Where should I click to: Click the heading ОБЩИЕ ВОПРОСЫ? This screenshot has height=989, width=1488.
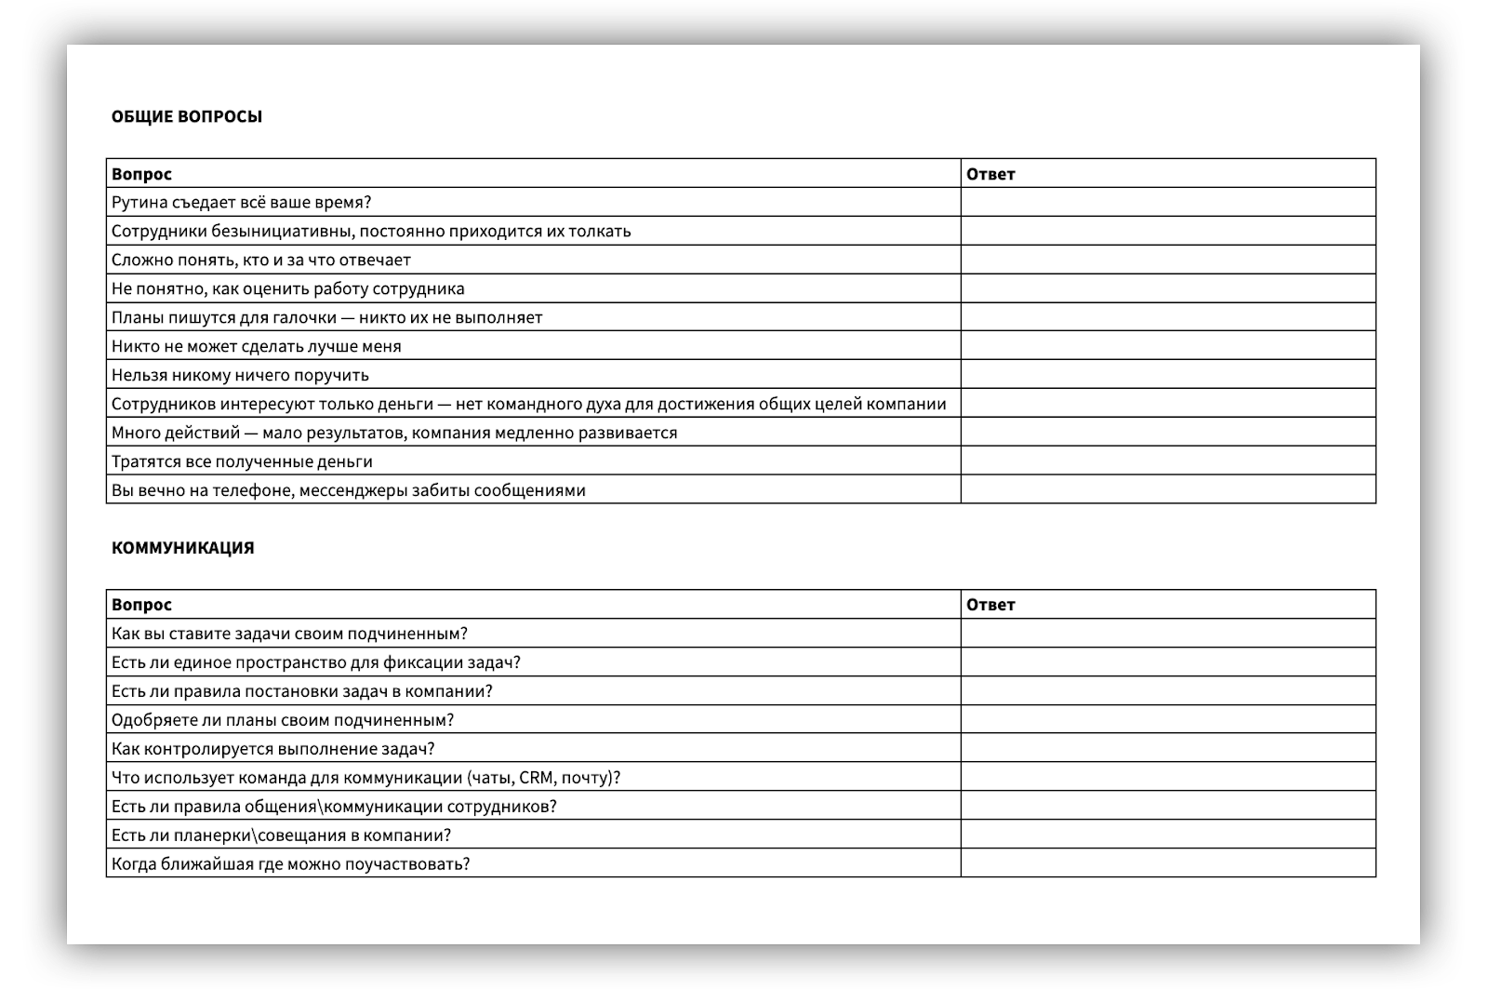pyautogui.click(x=186, y=117)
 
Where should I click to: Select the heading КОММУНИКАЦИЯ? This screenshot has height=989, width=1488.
pyautogui.click(x=182, y=548)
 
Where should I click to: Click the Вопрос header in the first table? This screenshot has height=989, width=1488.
pyautogui.click(x=141, y=174)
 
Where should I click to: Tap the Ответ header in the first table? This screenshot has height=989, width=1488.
pyautogui.click(x=990, y=174)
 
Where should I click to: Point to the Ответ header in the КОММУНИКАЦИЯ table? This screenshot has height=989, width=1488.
pyautogui.click(x=990, y=605)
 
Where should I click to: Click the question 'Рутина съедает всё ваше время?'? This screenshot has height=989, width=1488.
pyautogui.click(x=241, y=203)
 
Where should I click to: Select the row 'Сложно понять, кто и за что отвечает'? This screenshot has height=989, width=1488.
pyautogui.click(x=260, y=261)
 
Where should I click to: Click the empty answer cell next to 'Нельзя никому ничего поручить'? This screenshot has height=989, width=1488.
pyautogui.click(x=1167, y=375)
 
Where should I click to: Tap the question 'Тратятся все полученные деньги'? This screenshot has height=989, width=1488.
pyautogui.click(x=242, y=461)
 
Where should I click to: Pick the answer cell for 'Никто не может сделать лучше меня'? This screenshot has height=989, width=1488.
pyautogui.click(x=1167, y=346)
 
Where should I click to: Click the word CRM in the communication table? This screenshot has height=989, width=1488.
pyautogui.click(x=536, y=778)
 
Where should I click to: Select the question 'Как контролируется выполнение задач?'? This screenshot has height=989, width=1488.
pyautogui.click(x=272, y=749)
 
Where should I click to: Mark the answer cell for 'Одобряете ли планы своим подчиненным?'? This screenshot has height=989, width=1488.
pyautogui.click(x=1167, y=720)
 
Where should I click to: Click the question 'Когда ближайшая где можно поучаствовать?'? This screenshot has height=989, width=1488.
pyautogui.click(x=290, y=864)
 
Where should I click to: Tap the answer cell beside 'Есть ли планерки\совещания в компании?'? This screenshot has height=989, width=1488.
pyautogui.click(x=1167, y=835)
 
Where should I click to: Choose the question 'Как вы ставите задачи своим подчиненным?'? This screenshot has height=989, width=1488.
pyautogui.click(x=289, y=634)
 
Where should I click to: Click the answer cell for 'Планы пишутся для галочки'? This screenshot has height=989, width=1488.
pyautogui.click(x=1167, y=317)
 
